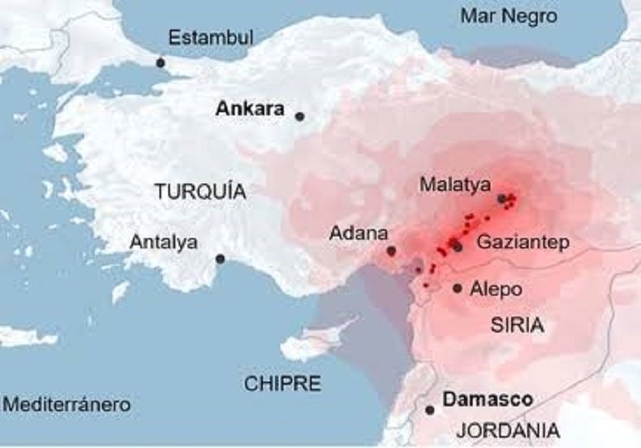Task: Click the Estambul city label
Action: click(x=211, y=37)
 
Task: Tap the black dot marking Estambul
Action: click(x=161, y=62)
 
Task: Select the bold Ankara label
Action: click(x=250, y=109)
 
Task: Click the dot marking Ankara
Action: click(x=299, y=117)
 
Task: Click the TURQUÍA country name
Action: click(x=200, y=192)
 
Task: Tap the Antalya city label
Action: click(x=164, y=242)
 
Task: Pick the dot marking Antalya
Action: click(x=220, y=259)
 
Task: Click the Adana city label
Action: click(x=358, y=234)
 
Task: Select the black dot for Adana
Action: click(x=392, y=252)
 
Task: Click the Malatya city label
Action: click(x=455, y=185)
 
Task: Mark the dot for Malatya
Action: click(x=502, y=198)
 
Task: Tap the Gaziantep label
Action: click(x=523, y=242)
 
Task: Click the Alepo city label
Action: click(x=496, y=289)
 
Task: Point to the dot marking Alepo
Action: click(x=458, y=288)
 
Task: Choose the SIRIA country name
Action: click(x=517, y=325)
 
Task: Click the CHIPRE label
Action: click(x=283, y=383)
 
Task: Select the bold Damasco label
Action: click(x=488, y=400)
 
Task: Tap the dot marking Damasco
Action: click(x=430, y=410)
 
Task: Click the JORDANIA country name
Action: click(x=508, y=430)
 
